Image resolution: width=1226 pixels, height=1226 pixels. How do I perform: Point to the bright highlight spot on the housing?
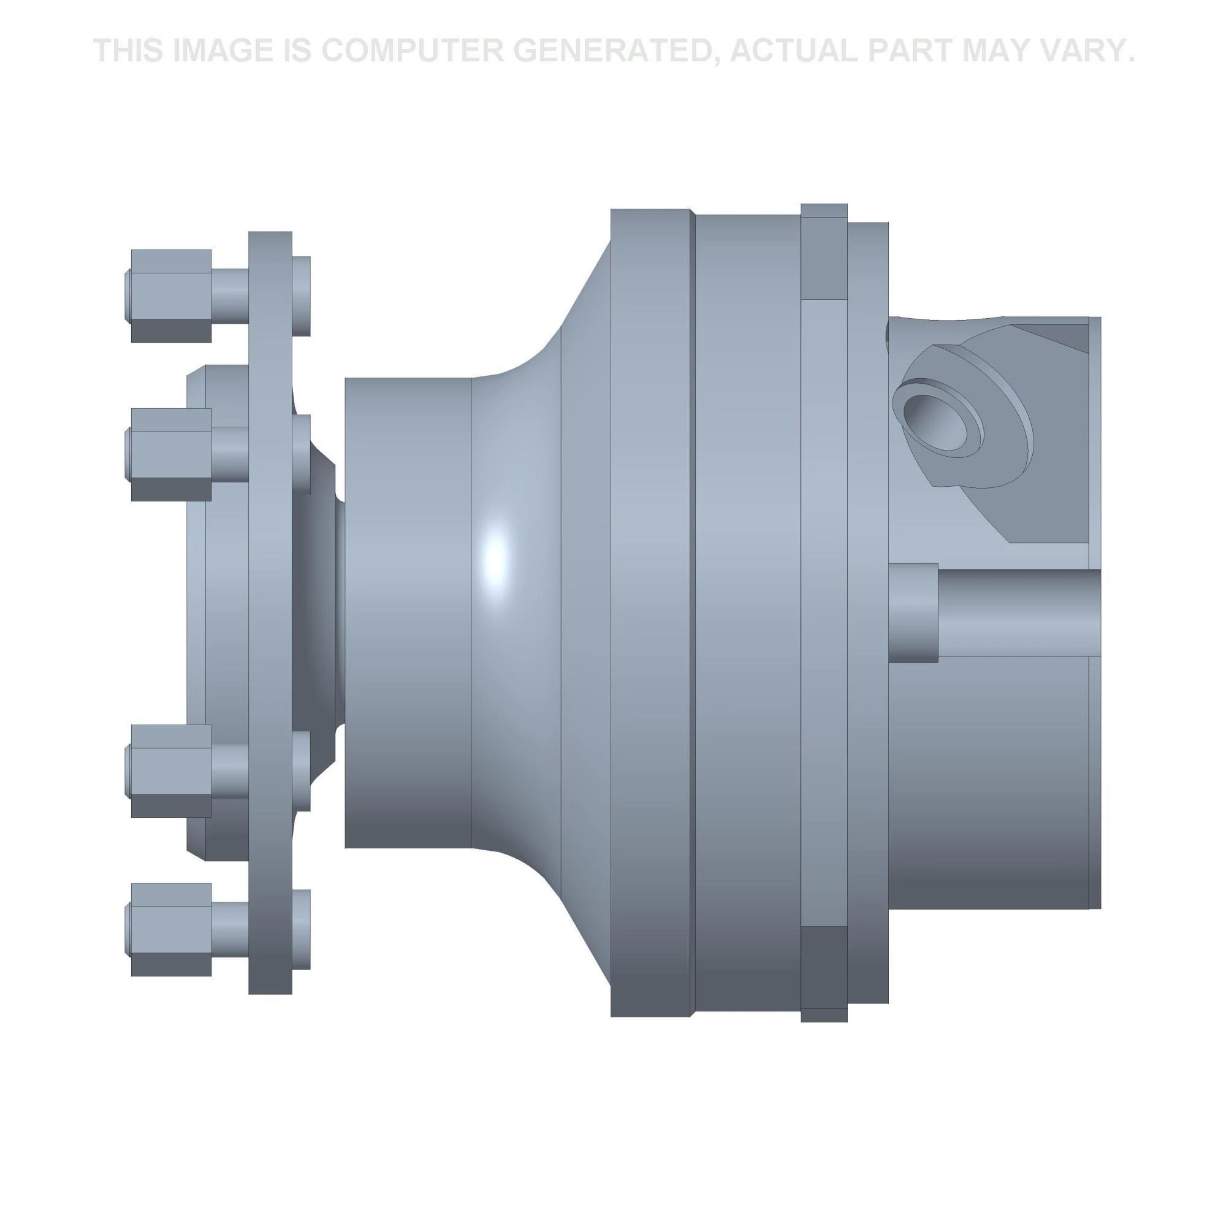[495, 558]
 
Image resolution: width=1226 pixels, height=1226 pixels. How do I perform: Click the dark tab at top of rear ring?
[824, 251]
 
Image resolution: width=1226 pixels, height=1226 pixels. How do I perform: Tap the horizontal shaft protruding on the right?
[1018, 612]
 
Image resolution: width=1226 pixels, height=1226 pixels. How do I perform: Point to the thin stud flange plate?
[270, 612]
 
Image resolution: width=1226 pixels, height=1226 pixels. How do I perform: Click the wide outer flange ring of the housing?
[651, 612]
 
